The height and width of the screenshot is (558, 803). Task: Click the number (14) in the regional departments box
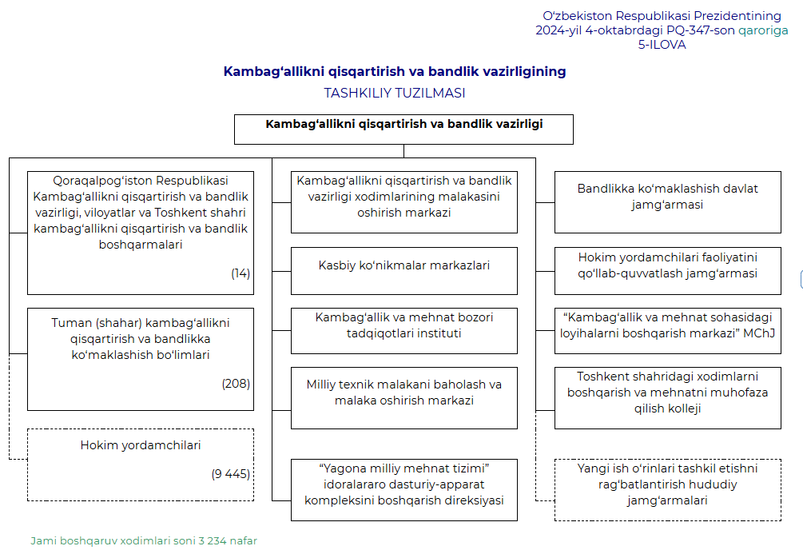pyautogui.click(x=241, y=273)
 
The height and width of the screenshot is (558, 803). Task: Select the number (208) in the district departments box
pyautogui.click(x=236, y=384)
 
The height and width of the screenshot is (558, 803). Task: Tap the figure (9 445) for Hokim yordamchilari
pyautogui.click(x=231, y=474)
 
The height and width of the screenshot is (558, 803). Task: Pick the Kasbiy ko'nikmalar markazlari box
pyautogui.click(x=403, y=265)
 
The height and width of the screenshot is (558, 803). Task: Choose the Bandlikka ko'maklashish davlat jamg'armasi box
pyautogui.click(x=667, y=197)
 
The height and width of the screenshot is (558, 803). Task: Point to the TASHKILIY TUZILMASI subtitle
pyautogui.click(x=395, y=93)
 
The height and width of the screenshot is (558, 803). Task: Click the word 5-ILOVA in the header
pyautogui.click(x=662, y=45)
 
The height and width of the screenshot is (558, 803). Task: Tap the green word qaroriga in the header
pyautogui.click(x=763, y=30)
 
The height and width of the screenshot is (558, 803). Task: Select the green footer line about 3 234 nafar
pyautogui.click(x=144, y=541)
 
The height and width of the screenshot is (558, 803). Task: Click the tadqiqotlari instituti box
pyautogui.click(x=403, y=325)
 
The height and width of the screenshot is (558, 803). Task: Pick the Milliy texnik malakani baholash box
pyautogui.click(x=403, y=393)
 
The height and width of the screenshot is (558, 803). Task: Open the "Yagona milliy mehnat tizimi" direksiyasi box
pyautogui.click(x=403, y=484)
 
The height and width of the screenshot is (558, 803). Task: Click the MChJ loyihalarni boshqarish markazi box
pyautogui.click(x=667, y=325)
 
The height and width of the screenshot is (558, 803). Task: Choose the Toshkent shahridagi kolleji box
pyautogui.click(x=667, y=393)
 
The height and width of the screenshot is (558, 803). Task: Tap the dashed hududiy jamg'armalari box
pyautogui.click(x=667, y=484)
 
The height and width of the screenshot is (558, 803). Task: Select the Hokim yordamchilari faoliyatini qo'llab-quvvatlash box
pyautogui.click(x=667, y=265)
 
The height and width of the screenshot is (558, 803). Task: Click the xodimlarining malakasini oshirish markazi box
pyautogui.click(x=403, y=197)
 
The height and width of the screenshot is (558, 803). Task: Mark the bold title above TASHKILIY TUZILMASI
pyautogui.click(x=395, y=71)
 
